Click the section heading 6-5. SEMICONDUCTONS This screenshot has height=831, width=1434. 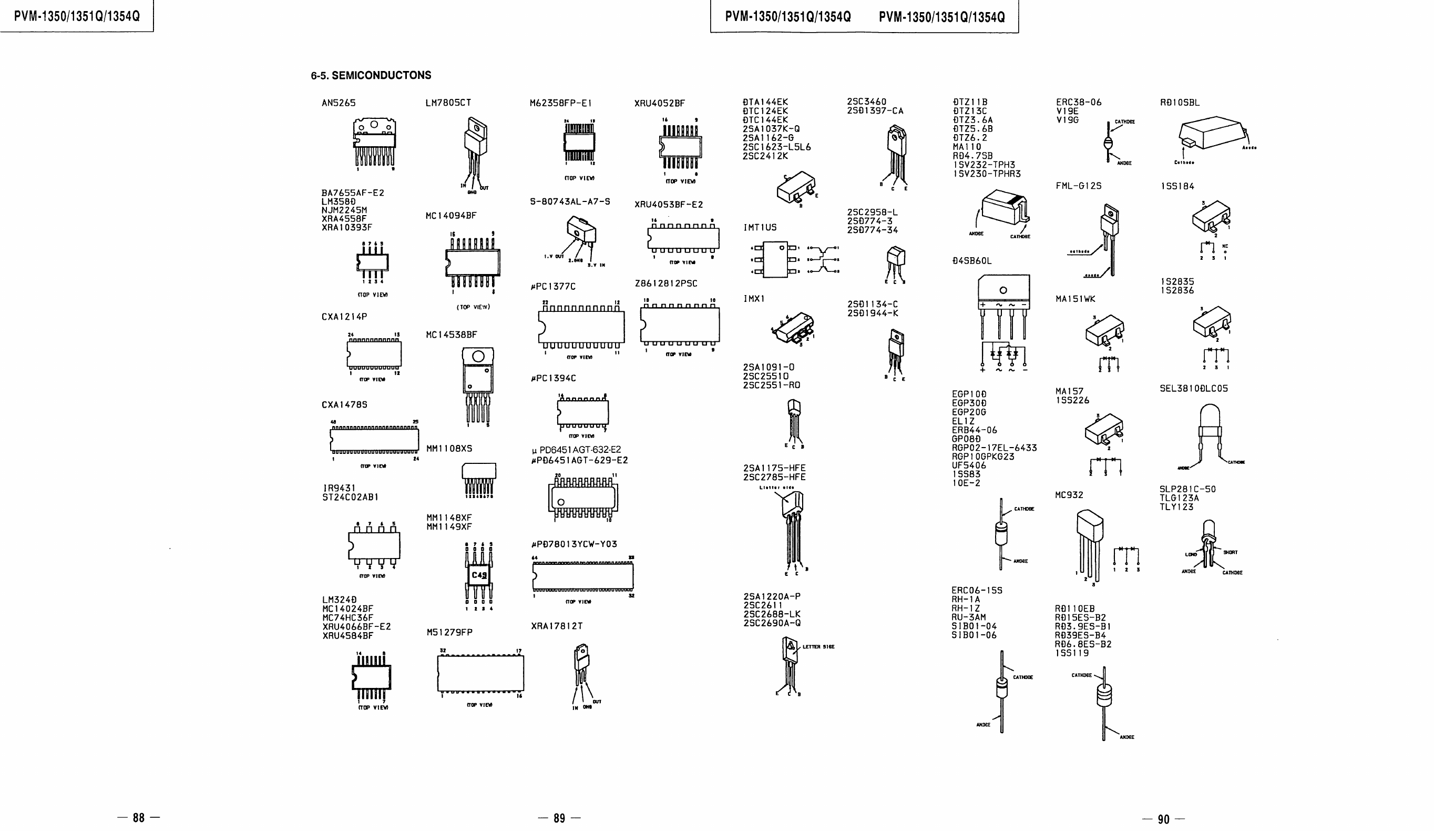tap(371, 75)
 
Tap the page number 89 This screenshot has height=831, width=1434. tap(559, 818)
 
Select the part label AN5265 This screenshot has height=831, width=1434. tap(338, 103)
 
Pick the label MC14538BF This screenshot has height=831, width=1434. tap(451, 335)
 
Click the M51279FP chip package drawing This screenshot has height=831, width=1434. tap(480, 673)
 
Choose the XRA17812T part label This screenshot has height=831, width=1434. tap(557, 626)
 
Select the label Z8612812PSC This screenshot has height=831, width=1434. tap(666, 283)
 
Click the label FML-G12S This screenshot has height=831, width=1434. tap(1078, 186)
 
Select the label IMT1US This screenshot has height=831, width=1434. tap(760, 228)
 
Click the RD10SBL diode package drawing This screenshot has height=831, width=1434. tap(1211, 134)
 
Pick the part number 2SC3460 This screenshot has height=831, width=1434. tap(866, 102)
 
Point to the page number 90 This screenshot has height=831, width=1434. tap(1163, 819)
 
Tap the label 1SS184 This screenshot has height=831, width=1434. tap(1177, 186)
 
